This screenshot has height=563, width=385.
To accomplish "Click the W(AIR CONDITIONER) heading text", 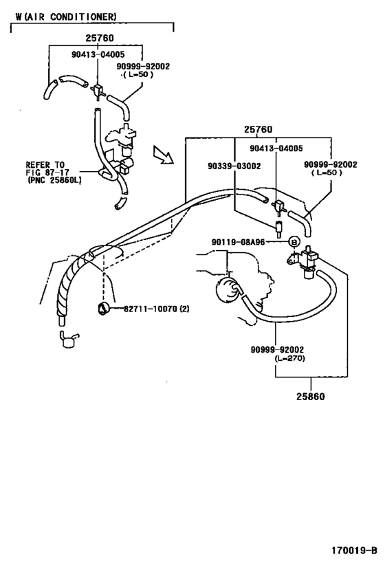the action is pos(66,16).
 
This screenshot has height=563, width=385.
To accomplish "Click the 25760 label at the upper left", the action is pos(100,38).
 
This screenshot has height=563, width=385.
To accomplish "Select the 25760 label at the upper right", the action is pos(258,129).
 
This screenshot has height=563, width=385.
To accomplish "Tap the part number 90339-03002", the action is pos(234,166).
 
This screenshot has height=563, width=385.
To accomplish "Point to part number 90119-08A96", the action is pos(238,242).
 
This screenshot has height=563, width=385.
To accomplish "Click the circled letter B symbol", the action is pos(294,242).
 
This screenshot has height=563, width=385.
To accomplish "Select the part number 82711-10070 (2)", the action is pos(157,309).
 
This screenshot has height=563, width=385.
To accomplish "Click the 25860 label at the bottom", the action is pos(310,397).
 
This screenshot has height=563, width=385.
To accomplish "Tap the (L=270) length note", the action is pos(290,358).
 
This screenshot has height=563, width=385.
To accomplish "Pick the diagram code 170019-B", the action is pos(354,551).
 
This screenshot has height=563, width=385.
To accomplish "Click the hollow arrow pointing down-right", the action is pos(163,155).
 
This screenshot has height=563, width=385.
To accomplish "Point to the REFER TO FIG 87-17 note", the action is pos(53,173).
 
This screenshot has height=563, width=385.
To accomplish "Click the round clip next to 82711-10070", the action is pos(103,309).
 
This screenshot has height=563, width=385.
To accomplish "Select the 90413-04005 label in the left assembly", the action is pos(98,54).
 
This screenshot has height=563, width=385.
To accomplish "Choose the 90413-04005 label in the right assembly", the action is pos(276,148).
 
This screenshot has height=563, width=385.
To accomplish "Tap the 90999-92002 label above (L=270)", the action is pos(277,349).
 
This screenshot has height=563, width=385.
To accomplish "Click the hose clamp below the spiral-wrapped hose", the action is pos(68,340).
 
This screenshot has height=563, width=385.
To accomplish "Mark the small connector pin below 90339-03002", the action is pos(278,228).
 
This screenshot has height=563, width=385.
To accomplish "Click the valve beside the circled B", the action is pos(305,261).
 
